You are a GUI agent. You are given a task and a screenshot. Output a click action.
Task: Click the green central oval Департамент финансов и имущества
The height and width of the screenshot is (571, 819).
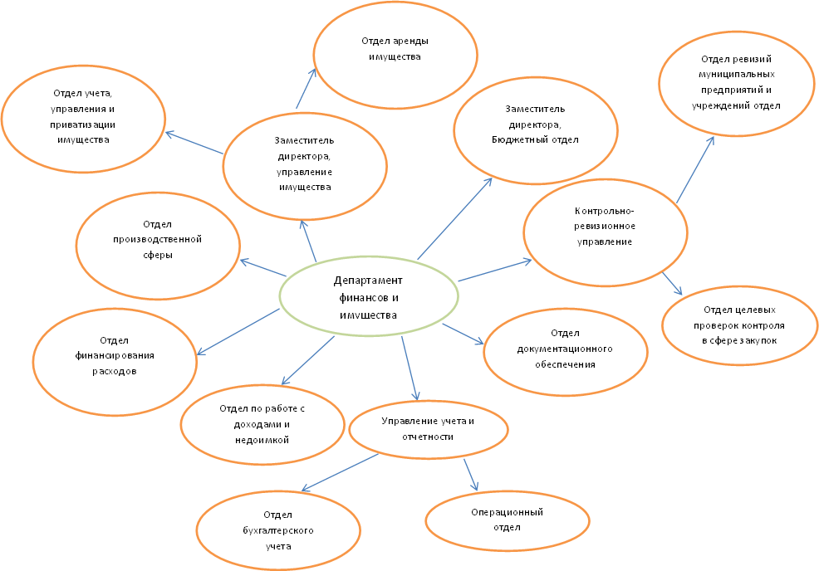(x=369, y=298)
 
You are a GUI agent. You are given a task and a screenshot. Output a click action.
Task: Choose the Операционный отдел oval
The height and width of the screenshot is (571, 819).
(x=507, y=520)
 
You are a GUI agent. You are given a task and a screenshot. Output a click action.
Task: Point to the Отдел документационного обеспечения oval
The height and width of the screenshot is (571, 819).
(x=565, y=349)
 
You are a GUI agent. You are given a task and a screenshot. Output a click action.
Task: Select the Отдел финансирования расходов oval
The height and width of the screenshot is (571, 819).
(x=115, y=356)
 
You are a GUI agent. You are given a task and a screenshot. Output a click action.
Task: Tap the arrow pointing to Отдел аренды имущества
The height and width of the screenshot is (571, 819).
(x=306, y=89)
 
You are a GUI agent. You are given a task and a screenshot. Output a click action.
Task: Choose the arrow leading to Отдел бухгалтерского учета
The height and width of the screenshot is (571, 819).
(x=341, y=471)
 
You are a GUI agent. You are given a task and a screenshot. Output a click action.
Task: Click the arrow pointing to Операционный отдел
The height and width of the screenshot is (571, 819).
(x=471, y=472)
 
